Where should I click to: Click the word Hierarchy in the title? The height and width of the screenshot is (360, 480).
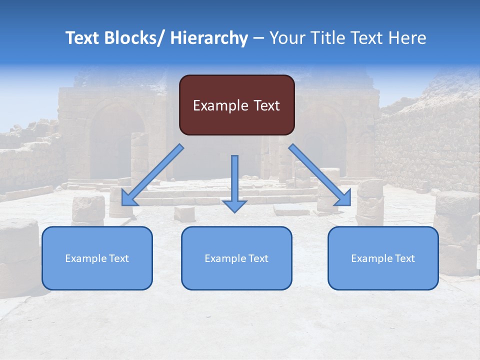[x=209, y=38]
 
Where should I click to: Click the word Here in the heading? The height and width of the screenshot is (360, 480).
[x=406, y=38]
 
